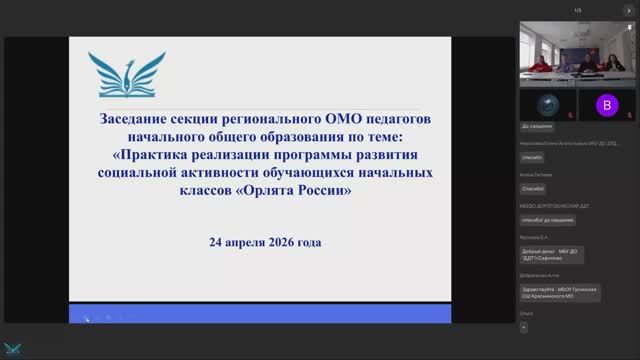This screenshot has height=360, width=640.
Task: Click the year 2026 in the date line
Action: pos(288,242)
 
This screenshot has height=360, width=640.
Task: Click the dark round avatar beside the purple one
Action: pos(545,104)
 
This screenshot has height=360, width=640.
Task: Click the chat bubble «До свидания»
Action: pos(539,128)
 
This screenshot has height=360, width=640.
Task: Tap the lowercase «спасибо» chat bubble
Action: pos(532,158)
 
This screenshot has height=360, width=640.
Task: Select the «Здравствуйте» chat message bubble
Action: pos(560,292)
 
